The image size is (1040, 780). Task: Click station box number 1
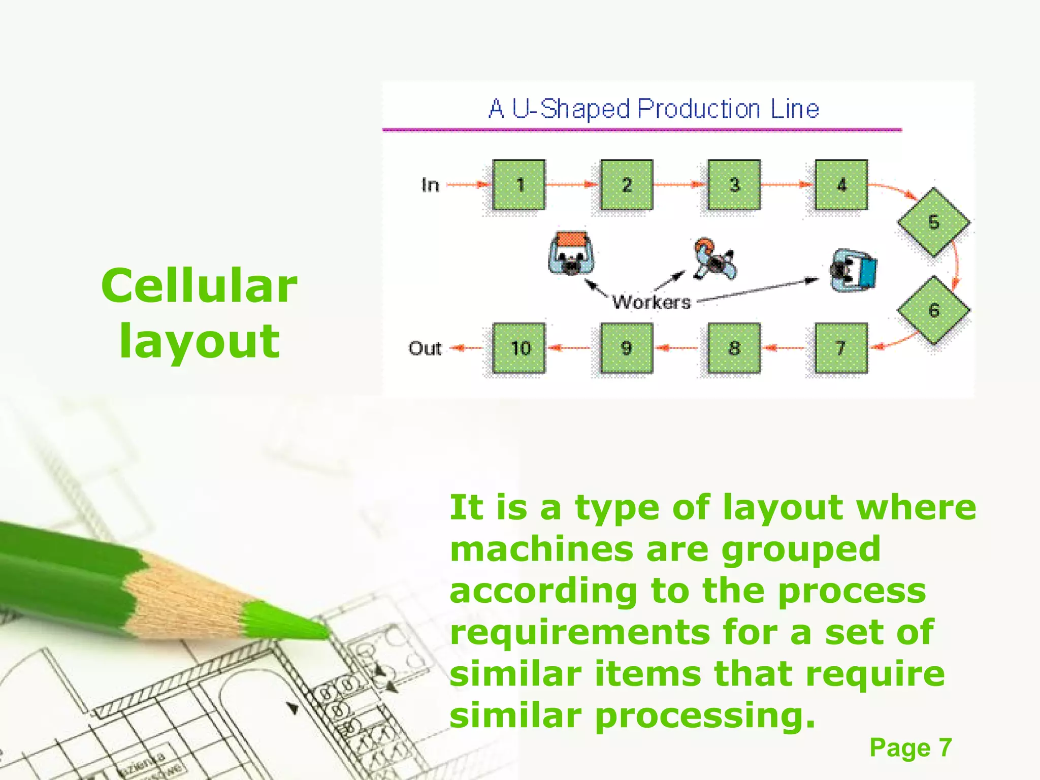coord(519,185)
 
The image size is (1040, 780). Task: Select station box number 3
coord(734,185)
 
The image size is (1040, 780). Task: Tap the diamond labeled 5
coord(933,222)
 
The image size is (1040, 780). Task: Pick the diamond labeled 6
coord(933,310)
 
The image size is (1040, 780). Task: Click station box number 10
coord(519,348)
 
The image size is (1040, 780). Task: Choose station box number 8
coord(734,348)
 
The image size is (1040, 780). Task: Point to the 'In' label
coord(430,185)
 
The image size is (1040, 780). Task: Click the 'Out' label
coord(425,348)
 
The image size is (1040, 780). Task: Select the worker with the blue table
coord(853,271)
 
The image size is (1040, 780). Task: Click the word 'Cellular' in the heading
coord(199,286)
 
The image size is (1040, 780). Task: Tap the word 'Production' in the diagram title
coord(699,109)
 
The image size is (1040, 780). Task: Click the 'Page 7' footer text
coord(911,747)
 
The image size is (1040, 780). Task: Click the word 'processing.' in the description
coord(705,716)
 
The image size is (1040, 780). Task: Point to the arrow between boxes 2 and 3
coord(680,185)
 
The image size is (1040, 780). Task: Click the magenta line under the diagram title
coord(642,130)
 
